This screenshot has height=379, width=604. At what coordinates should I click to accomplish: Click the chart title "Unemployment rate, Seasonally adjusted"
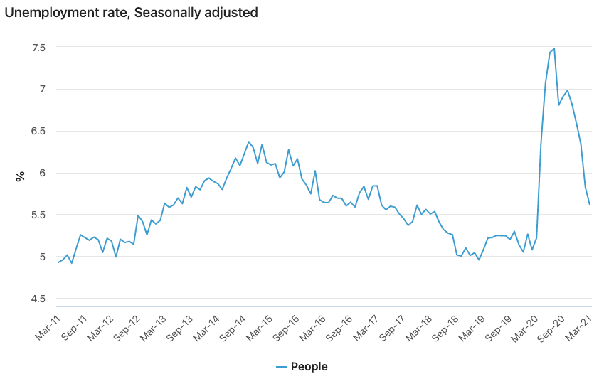click(x=131, y=12)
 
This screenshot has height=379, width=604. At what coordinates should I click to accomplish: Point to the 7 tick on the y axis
click(x=42, y=89)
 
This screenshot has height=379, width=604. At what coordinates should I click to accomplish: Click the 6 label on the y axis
click(x=42, y=173)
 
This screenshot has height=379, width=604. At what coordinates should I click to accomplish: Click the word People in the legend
click(x=309, y=367)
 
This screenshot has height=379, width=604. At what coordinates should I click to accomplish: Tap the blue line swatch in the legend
click(x=282, y=367)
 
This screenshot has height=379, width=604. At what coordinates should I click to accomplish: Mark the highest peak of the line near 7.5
click(x=554, y=49)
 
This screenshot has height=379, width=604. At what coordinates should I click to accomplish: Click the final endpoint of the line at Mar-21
click(x=590, y=205)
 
